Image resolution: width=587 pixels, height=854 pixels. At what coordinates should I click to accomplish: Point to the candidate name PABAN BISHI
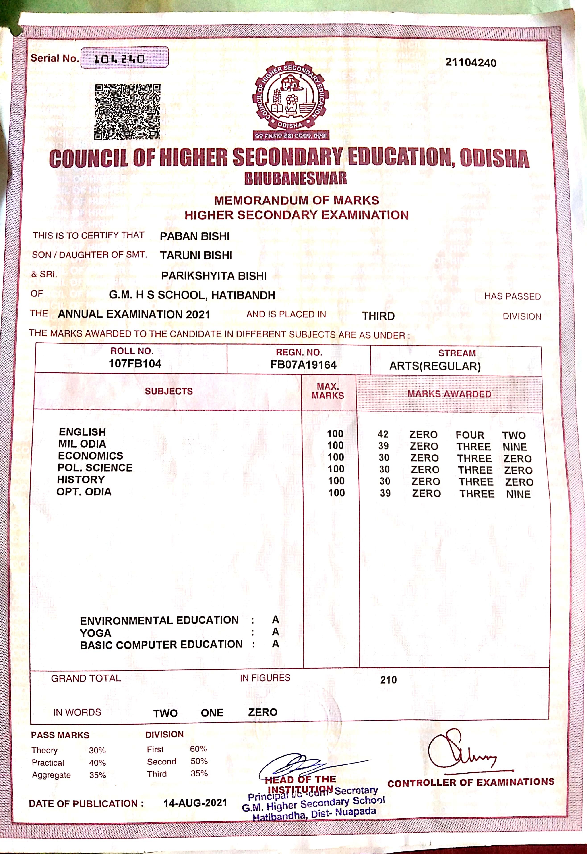[194, 236]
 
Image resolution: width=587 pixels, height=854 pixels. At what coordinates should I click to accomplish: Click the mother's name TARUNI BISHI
[196, 255]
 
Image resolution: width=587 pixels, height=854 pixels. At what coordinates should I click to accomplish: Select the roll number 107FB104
[135, 364]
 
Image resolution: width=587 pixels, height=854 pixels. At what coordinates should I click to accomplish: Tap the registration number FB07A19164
[304, 365]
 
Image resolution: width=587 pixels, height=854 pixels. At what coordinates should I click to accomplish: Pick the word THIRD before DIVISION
[378, 316]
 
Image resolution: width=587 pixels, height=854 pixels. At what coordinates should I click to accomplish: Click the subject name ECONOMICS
[91, 456]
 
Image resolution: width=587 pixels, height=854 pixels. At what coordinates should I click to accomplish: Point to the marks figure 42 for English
[383, 434]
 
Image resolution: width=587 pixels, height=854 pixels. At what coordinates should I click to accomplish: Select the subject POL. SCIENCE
[95, 468]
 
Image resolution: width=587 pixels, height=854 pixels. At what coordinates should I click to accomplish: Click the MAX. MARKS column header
[328, 391]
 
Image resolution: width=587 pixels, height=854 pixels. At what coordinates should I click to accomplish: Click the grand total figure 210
[388, 680]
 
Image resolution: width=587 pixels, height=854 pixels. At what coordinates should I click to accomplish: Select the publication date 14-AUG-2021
[195, 803]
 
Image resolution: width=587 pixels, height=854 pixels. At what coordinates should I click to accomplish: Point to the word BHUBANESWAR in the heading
[295, 178]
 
